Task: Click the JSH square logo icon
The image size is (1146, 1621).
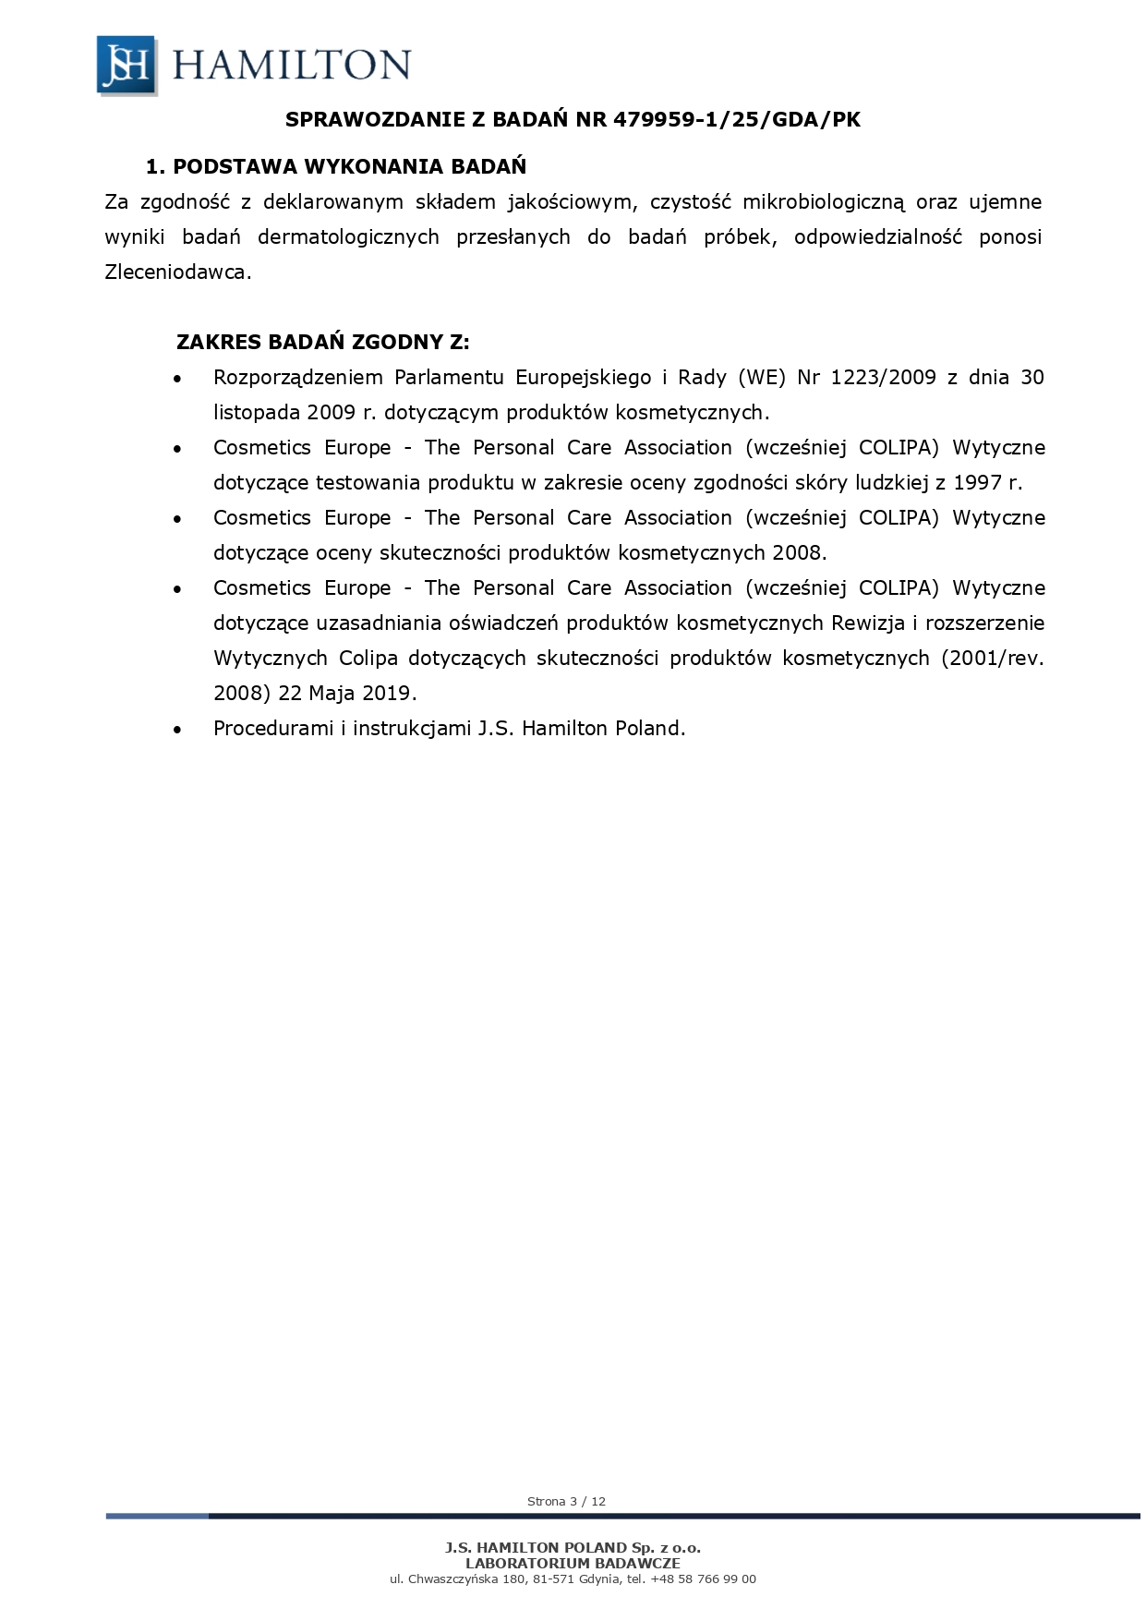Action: (127, 65)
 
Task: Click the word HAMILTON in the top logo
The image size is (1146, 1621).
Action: (291, 65)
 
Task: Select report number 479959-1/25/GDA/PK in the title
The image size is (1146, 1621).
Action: (737, 119)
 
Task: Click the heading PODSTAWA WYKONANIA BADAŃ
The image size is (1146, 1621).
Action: (349, 166)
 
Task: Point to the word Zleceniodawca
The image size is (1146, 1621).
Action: (176, 272)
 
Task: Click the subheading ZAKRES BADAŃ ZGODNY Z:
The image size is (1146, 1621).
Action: (323, 342)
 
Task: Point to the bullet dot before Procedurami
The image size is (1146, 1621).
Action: (177, 730)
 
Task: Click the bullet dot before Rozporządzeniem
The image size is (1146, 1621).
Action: (177, 379)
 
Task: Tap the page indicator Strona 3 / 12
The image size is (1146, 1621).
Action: (566, 1501)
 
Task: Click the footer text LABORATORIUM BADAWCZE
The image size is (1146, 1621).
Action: (573, 1563)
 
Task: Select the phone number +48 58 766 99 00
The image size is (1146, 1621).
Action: (703, 1579)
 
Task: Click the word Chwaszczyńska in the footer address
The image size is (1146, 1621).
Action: (451, 1579)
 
